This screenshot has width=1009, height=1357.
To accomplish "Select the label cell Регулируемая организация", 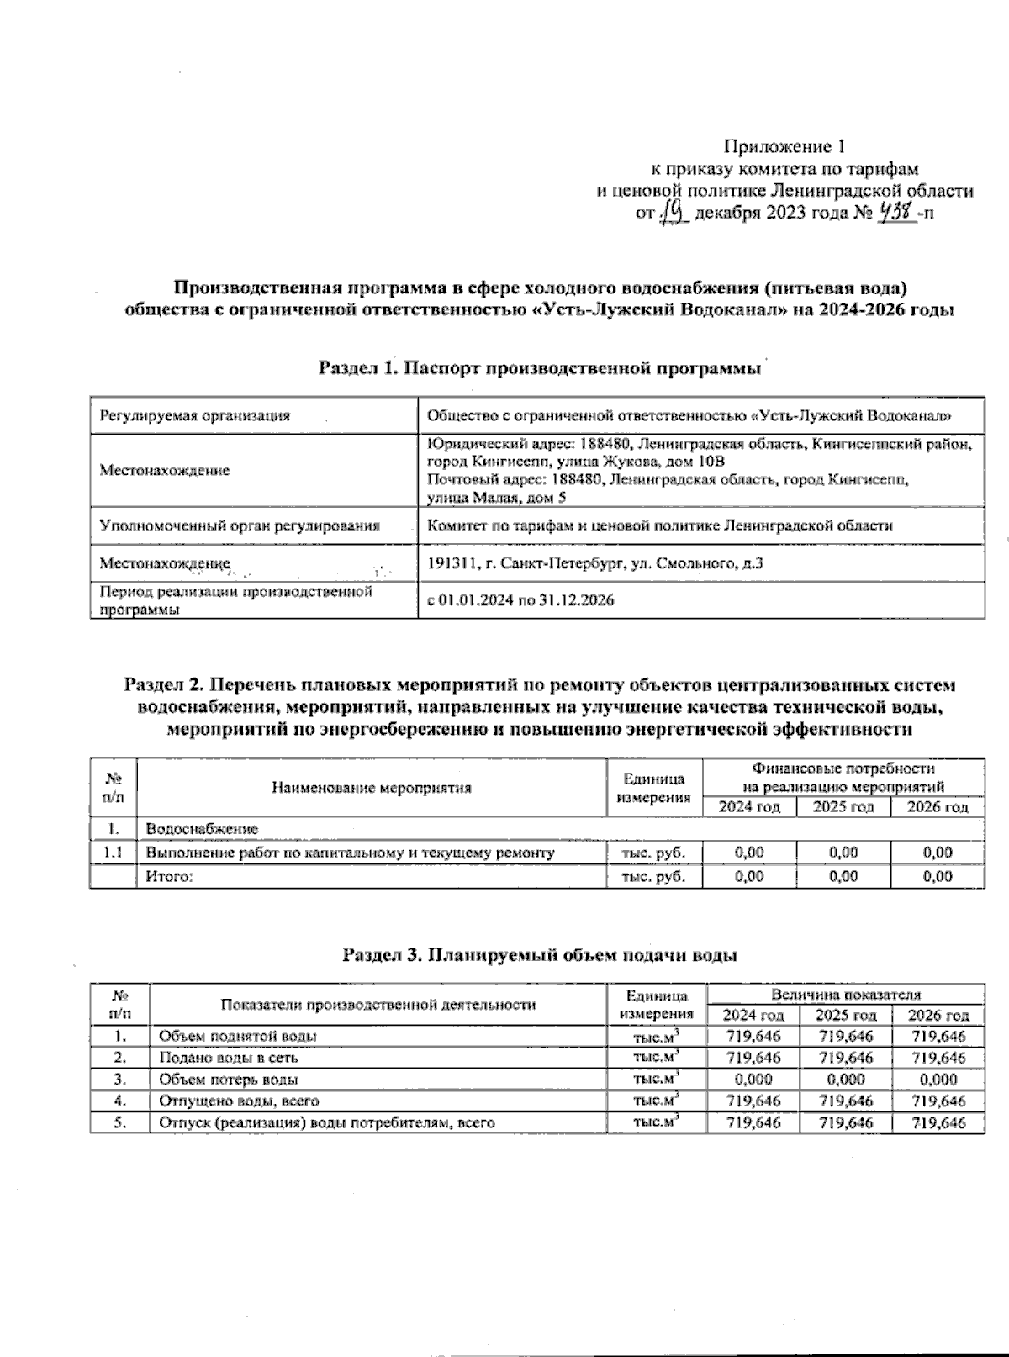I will click(195, 415).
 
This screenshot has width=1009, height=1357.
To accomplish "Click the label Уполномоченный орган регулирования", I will click(240, 525).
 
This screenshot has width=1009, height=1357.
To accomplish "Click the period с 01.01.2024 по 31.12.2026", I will click(520, 600).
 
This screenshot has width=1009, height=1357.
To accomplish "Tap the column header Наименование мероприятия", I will click(371, 788).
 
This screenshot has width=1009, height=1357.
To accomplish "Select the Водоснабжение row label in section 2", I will click(202, 829).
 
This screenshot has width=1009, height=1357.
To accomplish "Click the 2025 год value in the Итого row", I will click(843, 876).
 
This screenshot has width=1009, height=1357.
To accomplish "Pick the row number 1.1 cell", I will click(113, 853).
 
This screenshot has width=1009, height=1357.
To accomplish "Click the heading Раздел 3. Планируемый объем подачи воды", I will click(540, 955).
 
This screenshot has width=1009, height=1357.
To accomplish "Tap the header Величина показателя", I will click(845, 994).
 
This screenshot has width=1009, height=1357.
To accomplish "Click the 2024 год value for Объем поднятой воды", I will click(753, 1036).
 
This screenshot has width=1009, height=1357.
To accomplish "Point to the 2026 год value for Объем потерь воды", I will click(938, 1080).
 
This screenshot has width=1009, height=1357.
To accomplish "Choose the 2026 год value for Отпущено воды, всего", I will click(938, 1101).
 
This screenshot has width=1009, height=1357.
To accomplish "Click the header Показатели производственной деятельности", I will click(378, 1005).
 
